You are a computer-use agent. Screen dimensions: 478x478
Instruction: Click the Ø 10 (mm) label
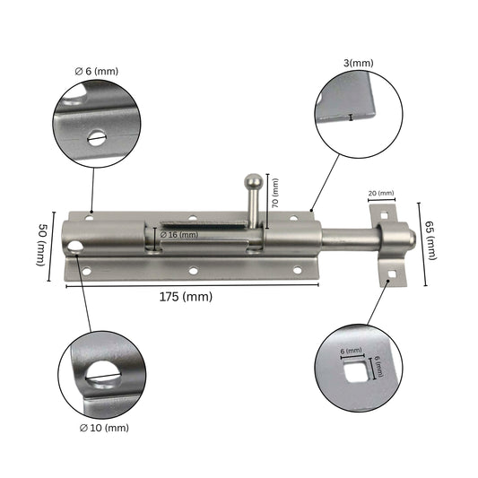pos(103,428)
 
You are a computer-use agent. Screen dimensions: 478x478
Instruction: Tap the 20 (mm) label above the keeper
pos(380,193)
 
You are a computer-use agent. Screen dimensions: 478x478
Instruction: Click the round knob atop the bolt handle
pos(255,182)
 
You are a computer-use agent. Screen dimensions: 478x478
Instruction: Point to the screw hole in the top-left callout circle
pos(96,138)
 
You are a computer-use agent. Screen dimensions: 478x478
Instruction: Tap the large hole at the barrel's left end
pos(74,245)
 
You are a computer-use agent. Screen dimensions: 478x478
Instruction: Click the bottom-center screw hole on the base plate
pos(193,270)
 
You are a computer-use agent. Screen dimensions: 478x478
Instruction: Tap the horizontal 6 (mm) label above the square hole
pos(351,350)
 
